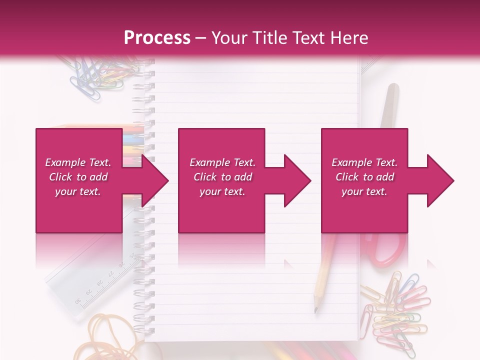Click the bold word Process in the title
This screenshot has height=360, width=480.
[x=157, y=37]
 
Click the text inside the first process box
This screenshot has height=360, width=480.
[x=78, y=177]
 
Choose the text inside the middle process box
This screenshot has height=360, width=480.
[x=222, y=177]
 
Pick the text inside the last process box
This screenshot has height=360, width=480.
[x=364, y=177]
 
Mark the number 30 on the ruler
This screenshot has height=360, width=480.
[x=78, y=300]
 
